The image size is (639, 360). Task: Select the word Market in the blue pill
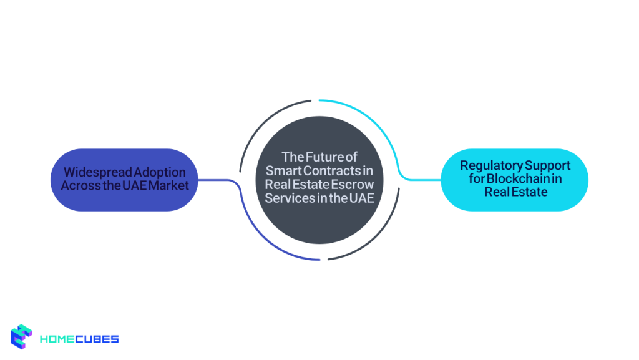168,186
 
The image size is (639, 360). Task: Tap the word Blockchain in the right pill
519,179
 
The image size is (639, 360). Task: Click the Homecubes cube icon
22,337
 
